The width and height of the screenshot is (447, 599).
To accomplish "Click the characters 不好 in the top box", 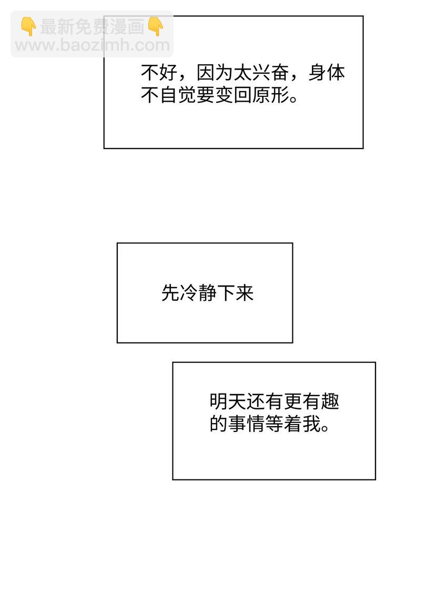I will tap(159, 73).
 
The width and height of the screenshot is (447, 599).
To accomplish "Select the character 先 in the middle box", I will tap(170, 293).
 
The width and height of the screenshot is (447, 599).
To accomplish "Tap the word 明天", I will tap(228, 402).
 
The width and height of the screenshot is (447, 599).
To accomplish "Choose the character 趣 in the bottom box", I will tap(330, 402).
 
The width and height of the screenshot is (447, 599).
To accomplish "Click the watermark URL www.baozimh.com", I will tap(93, 45).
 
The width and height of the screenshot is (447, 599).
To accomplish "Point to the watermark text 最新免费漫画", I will tap(93, 27).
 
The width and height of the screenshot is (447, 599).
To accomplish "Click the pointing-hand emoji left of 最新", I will tap(28, 26).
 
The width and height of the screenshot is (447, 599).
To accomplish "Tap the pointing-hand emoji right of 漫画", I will tap(156, 26).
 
